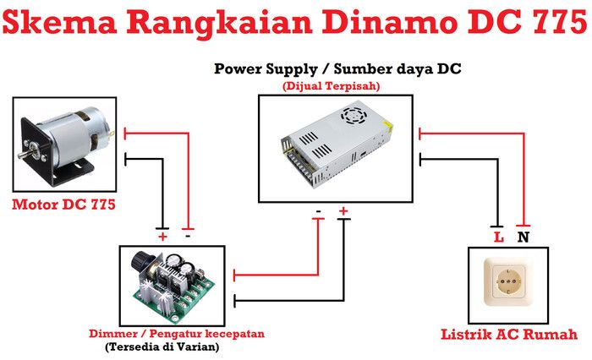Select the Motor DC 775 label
click(63, 205)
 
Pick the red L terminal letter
click(498, 237)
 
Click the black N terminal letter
click(523, 237)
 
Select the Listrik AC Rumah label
click(508, 334)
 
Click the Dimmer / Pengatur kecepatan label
click(176, 334)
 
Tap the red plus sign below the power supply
click(343, 210)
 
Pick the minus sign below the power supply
click(319, 210)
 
